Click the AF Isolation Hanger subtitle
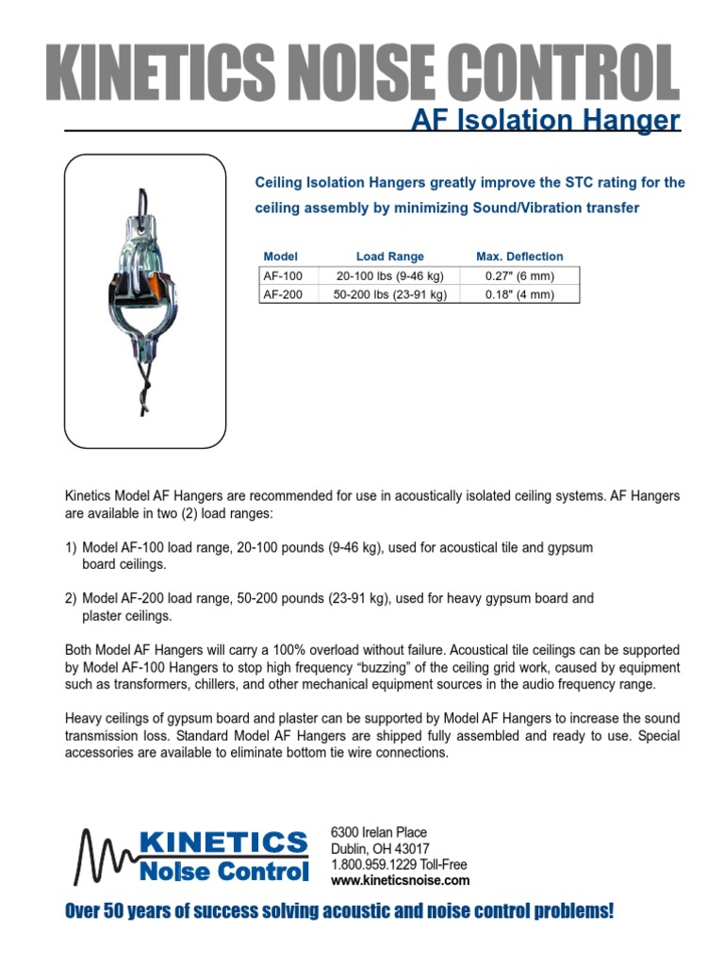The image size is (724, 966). [x=545, y=121]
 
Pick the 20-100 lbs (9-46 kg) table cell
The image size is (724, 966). [x=389, y=276]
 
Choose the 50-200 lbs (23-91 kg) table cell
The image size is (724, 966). [x=389, y=294]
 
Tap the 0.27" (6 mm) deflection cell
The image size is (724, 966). [x=519, y=276]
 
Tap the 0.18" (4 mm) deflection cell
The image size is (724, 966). [x=519, y=294]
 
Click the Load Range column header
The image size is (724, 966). [x=389, y=257]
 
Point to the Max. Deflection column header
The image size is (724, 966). [x=519, y=257]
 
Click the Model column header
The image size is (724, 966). [x=280, y=257]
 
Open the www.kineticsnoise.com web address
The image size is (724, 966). [x=400, y=880]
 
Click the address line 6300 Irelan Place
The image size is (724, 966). [x=379, y=832]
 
